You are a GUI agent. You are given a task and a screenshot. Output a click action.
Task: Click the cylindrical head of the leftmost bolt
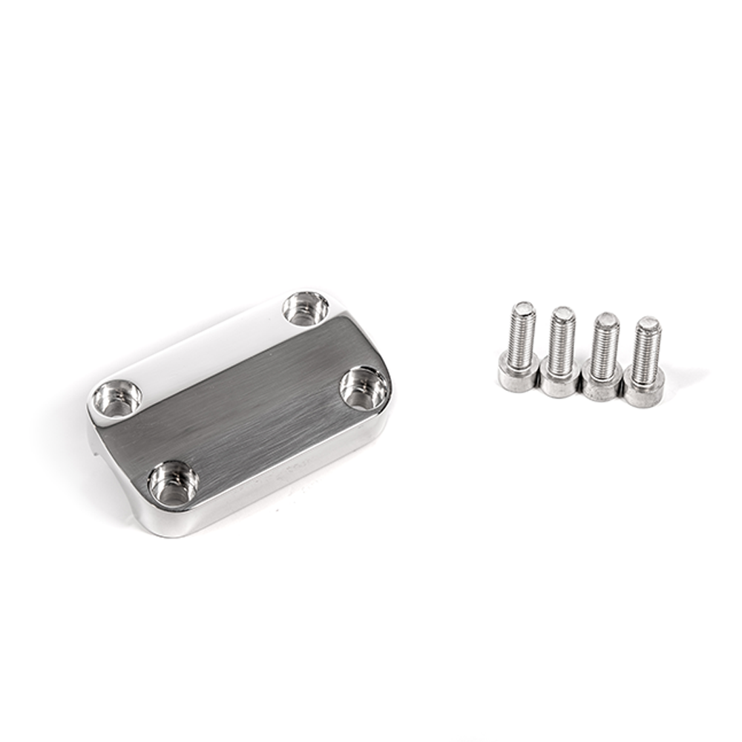tap(517, 372)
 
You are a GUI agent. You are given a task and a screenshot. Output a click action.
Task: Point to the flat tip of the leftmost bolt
tap(525, 306)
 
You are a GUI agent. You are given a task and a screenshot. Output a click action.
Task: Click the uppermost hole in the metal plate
tap(306, 307)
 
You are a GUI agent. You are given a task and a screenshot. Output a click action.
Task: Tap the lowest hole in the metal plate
tap(173, 484)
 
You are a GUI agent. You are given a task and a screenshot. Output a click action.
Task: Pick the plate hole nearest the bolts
tap(364, 388)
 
